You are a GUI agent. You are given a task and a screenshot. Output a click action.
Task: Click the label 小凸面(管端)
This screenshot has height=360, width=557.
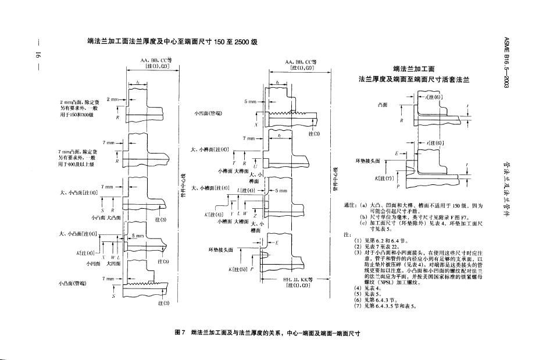[72, 283]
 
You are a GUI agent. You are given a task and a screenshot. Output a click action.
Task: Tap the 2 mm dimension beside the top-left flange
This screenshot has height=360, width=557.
[112, 99]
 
